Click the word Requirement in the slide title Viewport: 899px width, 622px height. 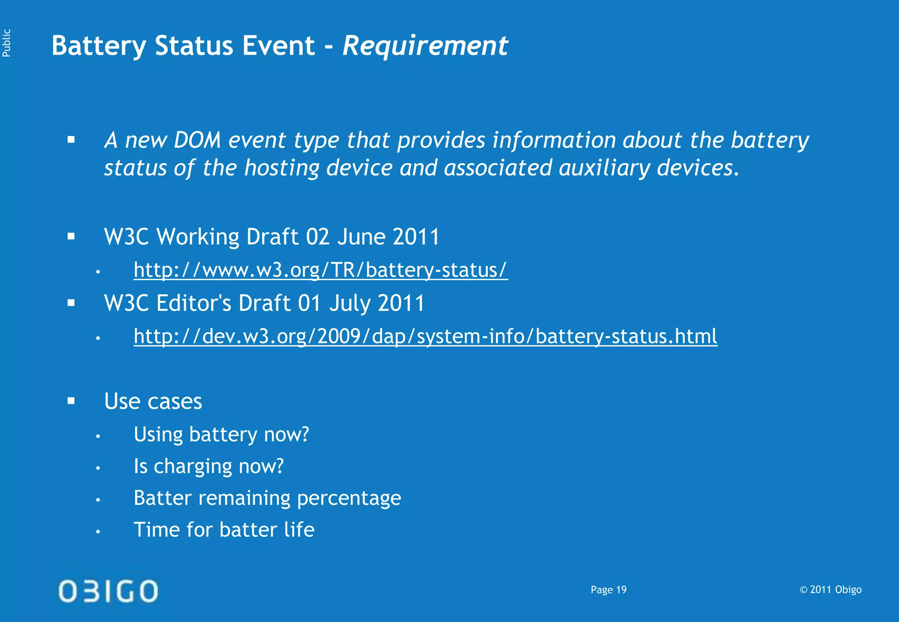[425, 46]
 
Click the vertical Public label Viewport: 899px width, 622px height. [7, 43]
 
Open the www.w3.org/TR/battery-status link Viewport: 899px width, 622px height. [320, 270]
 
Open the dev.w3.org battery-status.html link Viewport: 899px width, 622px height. [425, 336]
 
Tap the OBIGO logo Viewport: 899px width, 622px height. [108, 590]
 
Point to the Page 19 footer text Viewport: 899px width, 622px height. [608, 590]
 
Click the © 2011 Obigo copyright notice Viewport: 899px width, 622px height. [831, 590]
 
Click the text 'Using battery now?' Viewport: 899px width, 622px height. [221, 435]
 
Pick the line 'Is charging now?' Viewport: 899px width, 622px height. [209, 466]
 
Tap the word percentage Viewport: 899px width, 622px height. [349, 498]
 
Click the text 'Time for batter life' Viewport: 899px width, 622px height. [224, 530]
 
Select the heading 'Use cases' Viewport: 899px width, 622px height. [153, 401]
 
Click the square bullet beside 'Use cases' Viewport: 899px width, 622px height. [72, 400]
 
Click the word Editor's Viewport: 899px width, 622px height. [194, 304]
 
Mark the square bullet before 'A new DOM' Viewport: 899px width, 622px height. [72, 140]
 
